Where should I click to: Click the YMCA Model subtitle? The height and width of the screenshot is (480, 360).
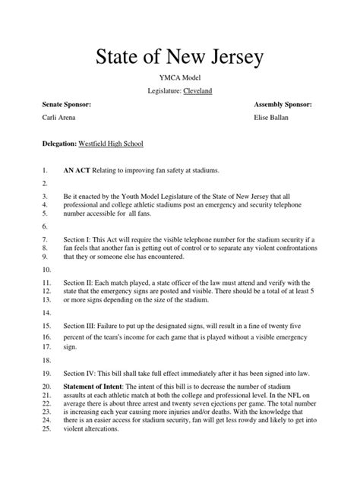[179, 77]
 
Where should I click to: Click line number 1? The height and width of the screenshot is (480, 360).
[45, 172]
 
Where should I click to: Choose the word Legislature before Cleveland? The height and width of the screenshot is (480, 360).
[164, 90]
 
